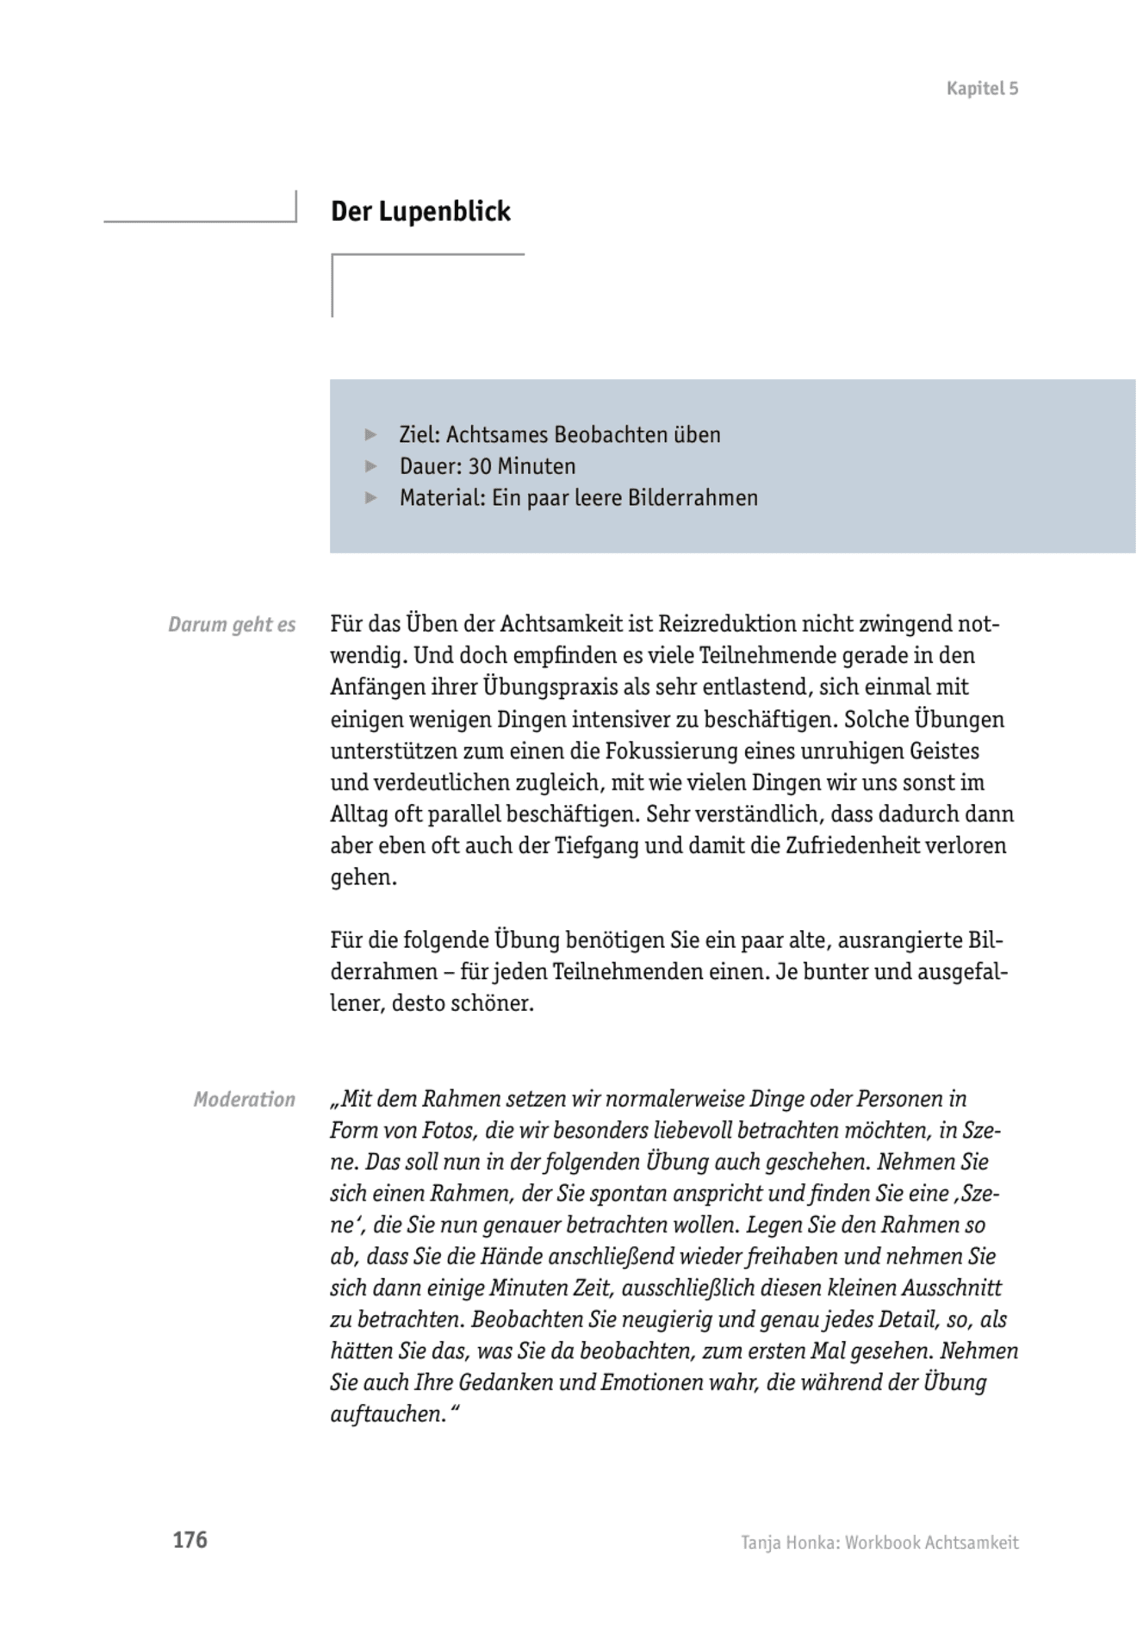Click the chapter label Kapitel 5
pos(982,88)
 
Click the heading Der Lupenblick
pos(420,211)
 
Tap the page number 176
pos(189,1539)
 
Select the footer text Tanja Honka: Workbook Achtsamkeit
pos(879,1542)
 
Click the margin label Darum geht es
pos(232,624)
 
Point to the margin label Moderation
pos(244,1099)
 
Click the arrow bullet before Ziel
pos(371,434)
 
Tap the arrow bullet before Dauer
pos(371,466)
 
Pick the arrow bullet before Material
pos(371,497)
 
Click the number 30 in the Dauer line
pos(480,466)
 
